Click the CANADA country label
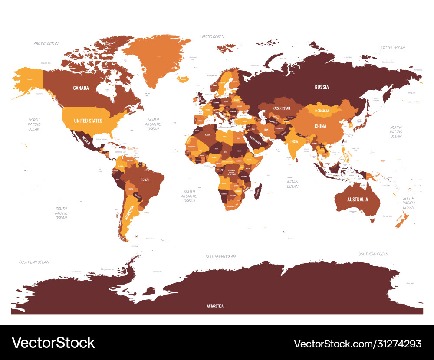pos(81,88)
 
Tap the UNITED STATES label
pos(88,121)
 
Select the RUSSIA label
pos(322,87)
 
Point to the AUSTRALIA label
pos(357,200)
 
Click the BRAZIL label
pos(145,179)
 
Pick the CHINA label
pos(320,126)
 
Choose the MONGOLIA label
pos(322,111)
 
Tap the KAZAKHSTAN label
pos(281,107)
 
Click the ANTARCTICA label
pos(215,306)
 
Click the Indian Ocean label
pos(293,184)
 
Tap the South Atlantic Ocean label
pos(189,196)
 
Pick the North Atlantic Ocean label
pos(153,124)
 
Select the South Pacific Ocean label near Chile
pos(61,213)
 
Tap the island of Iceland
pos(183,79)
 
